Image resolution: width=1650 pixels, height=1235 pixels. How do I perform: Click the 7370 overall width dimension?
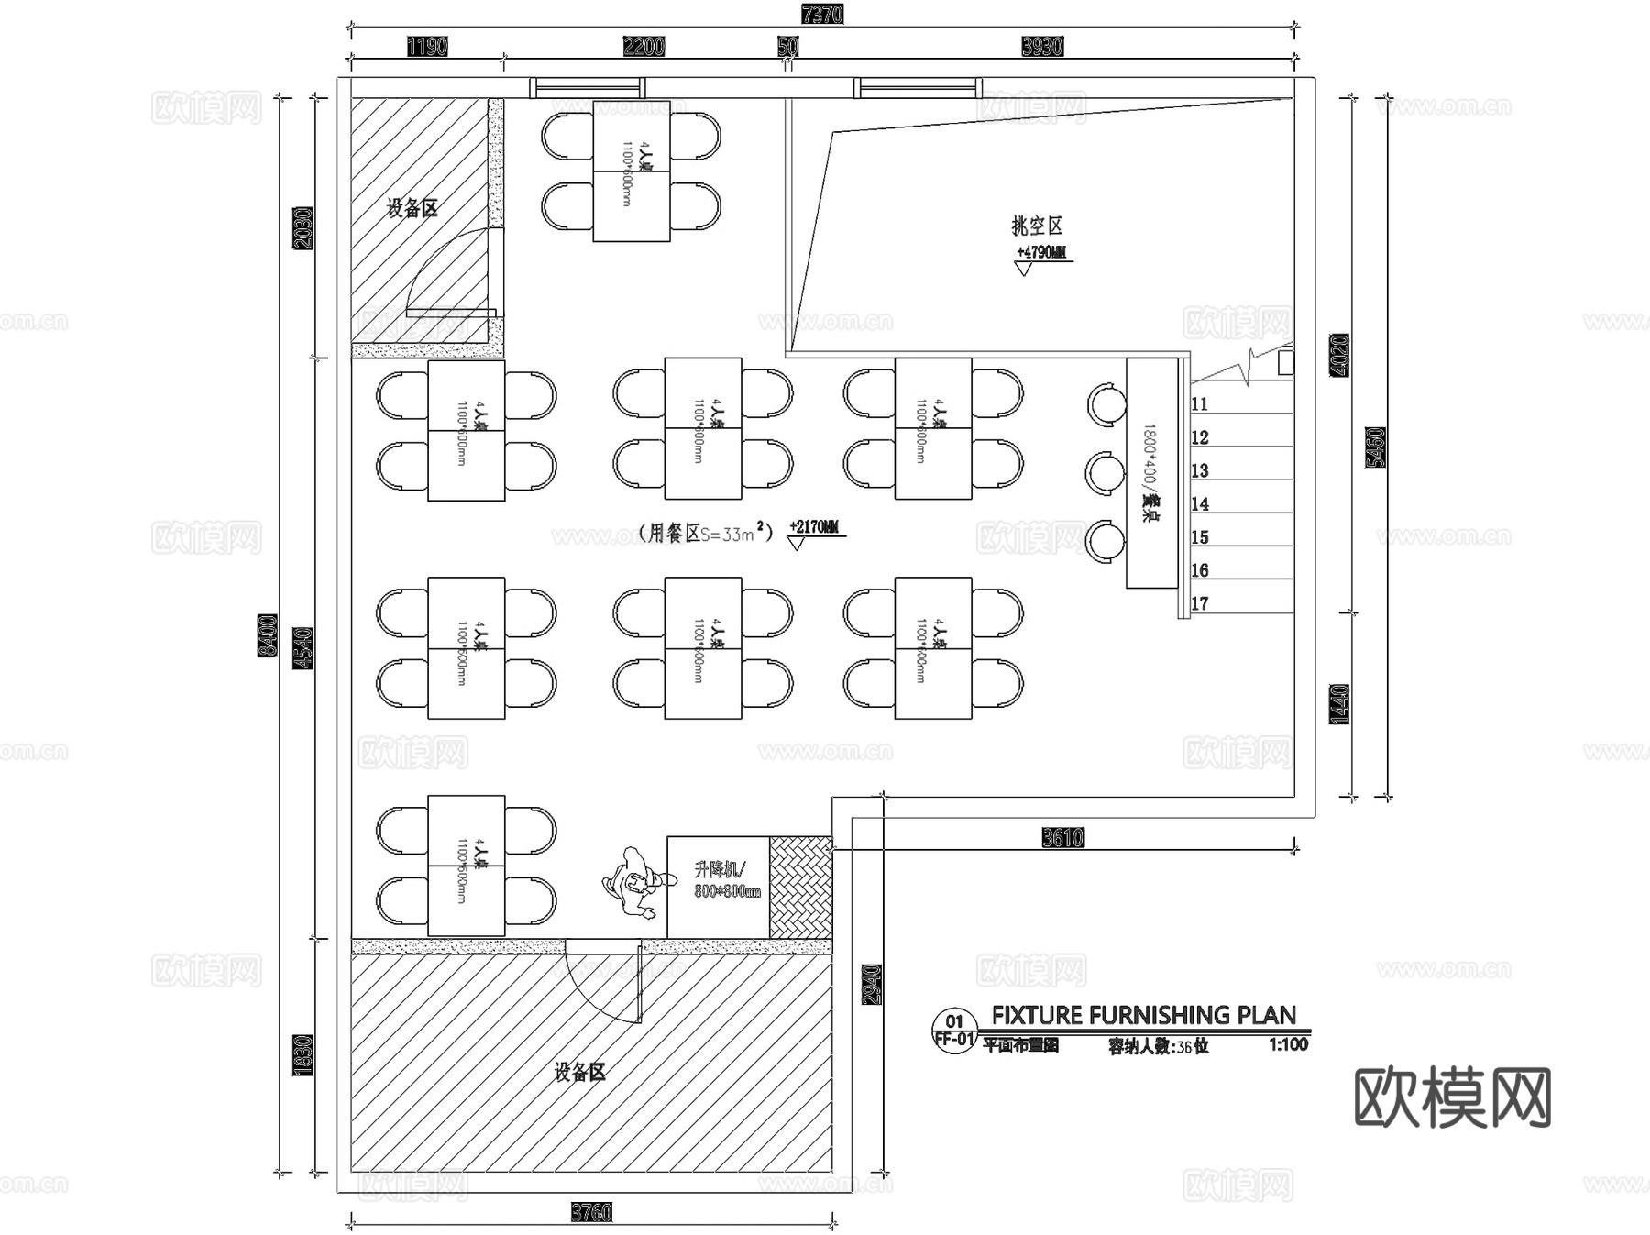821,15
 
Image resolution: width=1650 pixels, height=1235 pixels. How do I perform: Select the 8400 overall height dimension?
267,635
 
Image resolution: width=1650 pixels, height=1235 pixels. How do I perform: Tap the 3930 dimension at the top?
1042,47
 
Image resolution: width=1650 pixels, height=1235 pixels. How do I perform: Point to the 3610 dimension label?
1062,837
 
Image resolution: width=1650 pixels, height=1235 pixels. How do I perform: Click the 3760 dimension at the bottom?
591,1213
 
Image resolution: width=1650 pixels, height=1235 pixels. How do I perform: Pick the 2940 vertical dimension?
872,984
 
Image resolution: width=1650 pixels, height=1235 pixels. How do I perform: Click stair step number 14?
1200,504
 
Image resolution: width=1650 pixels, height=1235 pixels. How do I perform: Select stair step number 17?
1200,604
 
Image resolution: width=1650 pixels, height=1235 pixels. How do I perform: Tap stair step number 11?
1200,404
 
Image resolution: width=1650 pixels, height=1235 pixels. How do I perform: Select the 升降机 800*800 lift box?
718,886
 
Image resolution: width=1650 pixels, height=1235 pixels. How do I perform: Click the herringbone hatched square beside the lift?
800,887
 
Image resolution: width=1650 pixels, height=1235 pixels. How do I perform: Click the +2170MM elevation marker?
813,528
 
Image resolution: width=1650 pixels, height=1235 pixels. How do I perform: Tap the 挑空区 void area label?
1037,226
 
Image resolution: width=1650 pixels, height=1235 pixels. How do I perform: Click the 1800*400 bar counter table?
1151,472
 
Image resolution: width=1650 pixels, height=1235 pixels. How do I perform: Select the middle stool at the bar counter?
1105,473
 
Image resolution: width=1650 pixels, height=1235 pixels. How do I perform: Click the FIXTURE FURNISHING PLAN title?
1143,1015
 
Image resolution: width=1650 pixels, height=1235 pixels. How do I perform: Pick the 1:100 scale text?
1288,1044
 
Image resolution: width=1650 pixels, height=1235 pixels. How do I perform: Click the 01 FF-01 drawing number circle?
954,1031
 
